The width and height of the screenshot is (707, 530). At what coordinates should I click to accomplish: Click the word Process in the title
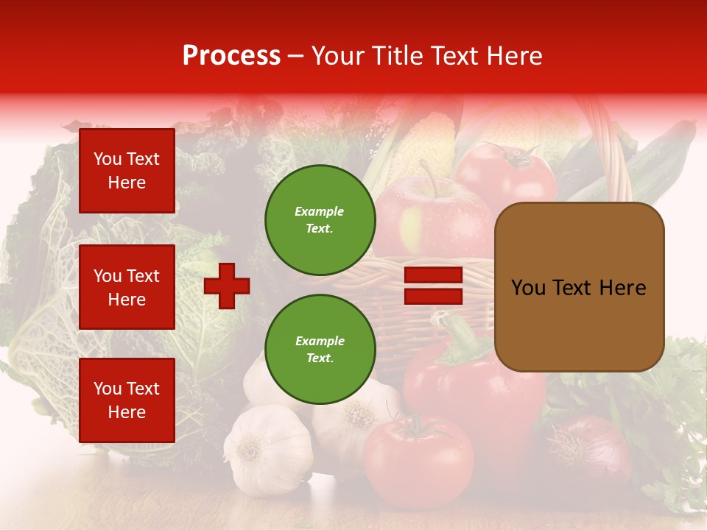[231, 55]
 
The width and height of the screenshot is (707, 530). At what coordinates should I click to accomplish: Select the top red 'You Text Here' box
[127, 171]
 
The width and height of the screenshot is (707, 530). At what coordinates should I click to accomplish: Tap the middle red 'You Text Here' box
[127, 287]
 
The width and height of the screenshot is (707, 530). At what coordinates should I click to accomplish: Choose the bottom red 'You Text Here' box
[127, 400]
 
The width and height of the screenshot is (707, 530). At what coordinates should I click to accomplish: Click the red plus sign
[227, 285]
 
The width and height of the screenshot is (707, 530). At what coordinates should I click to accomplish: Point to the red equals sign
[433, 286]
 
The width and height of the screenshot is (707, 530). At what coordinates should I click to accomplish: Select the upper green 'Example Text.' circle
[320, 220]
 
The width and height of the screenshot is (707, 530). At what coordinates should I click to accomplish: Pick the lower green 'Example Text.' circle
[320, 350]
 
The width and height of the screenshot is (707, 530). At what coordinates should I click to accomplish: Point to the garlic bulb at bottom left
[267, 449]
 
